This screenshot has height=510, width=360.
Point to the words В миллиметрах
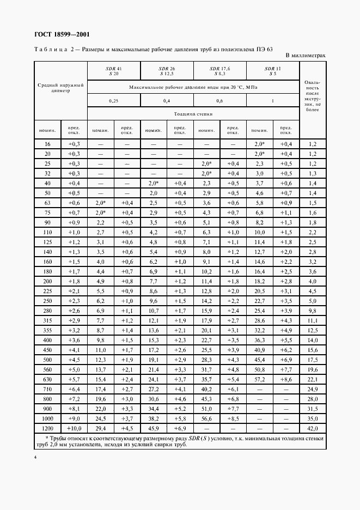306,56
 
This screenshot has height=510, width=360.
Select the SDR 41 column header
114,70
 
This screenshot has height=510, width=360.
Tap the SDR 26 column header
167,70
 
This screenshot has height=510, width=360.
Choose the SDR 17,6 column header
220,70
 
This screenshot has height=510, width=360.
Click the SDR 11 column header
273,70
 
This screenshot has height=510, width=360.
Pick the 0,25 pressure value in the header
114,101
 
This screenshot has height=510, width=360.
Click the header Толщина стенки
193,114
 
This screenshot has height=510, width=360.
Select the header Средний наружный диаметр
60,88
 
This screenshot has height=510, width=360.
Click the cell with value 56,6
206,418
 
